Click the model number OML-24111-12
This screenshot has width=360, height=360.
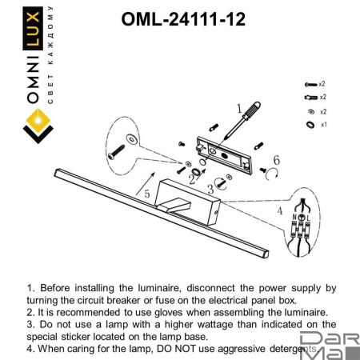[182, 17]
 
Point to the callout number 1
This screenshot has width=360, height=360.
[238, 106]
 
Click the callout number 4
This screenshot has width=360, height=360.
[279, 211]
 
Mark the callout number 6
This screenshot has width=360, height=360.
[276, 161]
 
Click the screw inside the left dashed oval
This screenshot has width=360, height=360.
[120, 150]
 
